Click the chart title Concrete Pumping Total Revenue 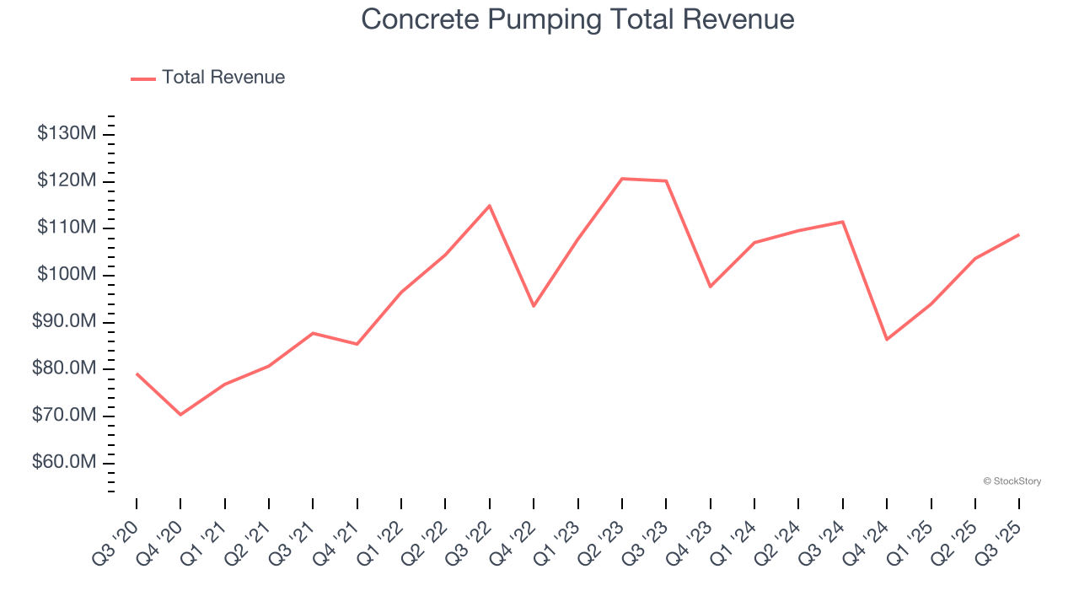tap(577, 19)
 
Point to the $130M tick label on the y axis tap(67, 134)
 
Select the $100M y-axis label tap(67, 275)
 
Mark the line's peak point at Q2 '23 tap(622, 179)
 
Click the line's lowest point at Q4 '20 tap(180, 415)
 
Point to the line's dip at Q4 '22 tap(534, 306)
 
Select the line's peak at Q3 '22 tap(490, 206)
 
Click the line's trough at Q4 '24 tap(887, 340)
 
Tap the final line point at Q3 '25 tap(1019, 234)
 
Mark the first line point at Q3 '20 tap(137, 373)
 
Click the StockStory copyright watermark tap(1012, 481)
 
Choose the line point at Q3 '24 tap(843, 222)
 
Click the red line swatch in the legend tap(143, 78)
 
